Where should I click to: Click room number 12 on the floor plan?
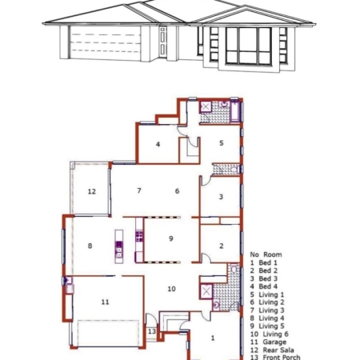(92, 191)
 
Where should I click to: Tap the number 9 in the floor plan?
(171, 238)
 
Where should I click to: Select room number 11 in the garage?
(105, 302)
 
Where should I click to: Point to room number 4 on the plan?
(158, 144)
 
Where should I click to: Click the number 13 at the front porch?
(152, 331)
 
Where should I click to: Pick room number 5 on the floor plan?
(222, 143)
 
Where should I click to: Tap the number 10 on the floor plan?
(171, 289)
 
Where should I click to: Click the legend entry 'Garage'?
(274, 342)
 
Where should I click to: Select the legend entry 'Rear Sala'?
(278, 350)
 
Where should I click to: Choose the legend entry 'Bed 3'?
(268, 278)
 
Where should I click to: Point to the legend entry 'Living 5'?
(271, 326)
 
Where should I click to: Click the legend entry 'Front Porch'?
(282, 358)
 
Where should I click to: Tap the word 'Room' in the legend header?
(273, 254)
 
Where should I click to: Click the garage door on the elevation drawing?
(105, 42)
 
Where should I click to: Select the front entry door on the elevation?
(163, 42)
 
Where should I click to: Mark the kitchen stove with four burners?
(139, 237)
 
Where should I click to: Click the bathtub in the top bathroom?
(235, 111)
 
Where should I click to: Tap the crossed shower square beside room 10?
(206, 291)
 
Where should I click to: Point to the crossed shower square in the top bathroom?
(206, 107)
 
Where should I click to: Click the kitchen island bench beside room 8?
(119, 246)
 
